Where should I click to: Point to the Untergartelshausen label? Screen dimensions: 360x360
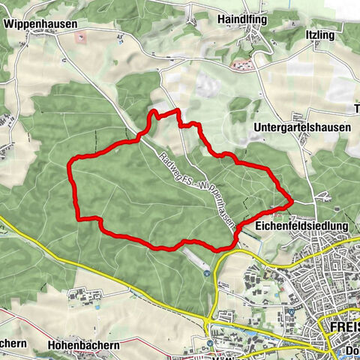pos(302,127)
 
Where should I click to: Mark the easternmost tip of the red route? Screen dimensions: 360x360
pos(291,201)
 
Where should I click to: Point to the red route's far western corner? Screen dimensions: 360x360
pos(70,161)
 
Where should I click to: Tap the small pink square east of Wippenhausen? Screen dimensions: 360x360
pos(82,36)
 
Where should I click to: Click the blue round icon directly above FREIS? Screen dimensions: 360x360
pos(289,311)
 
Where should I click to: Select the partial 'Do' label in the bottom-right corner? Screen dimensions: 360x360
pos(350,347)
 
